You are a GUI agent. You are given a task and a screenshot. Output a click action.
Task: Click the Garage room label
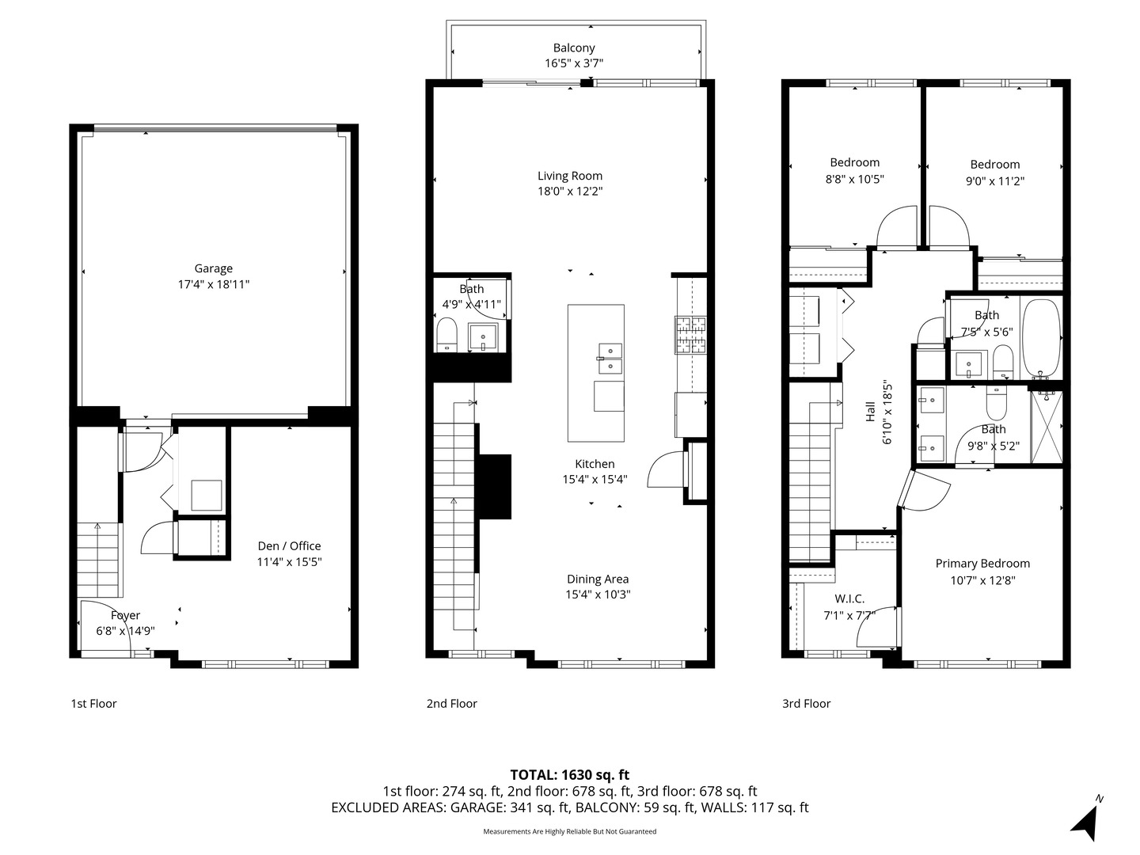pyautogui.click(x=214, y=268)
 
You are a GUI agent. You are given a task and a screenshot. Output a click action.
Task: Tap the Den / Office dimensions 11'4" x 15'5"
pyautogui.click(x=290, y=562)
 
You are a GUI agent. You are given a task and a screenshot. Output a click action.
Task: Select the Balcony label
pyautogui.click(x=574, y=48)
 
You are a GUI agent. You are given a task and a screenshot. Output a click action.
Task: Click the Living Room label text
pyautogui.click(x=570, y=176)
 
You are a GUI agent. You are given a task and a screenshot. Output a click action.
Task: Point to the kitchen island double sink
pyautogui.click(x=610, y=358)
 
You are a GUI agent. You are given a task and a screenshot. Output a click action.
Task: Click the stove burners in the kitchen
pyautogui.click(x=690, y=334)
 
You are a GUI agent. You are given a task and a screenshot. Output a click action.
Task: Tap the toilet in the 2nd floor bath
pyautogui.click(x=447, y=333)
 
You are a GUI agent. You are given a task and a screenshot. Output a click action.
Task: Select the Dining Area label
pyautogui.click(x=598, y=579)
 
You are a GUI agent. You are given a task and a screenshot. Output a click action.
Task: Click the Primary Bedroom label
pyautogui.click(x=982, y=564)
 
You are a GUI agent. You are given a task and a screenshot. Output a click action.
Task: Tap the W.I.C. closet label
pyautogui.click(x=849, y=598)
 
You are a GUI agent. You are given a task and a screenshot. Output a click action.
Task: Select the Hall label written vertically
pyautogui.click(x=870, y=412)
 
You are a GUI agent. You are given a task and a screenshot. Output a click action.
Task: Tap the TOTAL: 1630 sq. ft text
pyautogui.click(x=570, y=775)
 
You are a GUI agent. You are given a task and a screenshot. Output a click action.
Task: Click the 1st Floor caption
pyautogui.click(x=93, y=703)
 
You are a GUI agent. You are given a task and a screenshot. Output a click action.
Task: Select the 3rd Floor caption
pyautogui.click(x=806, y=703)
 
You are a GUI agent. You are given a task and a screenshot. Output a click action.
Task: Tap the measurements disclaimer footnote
pyautogui.click(x=570, y=831)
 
